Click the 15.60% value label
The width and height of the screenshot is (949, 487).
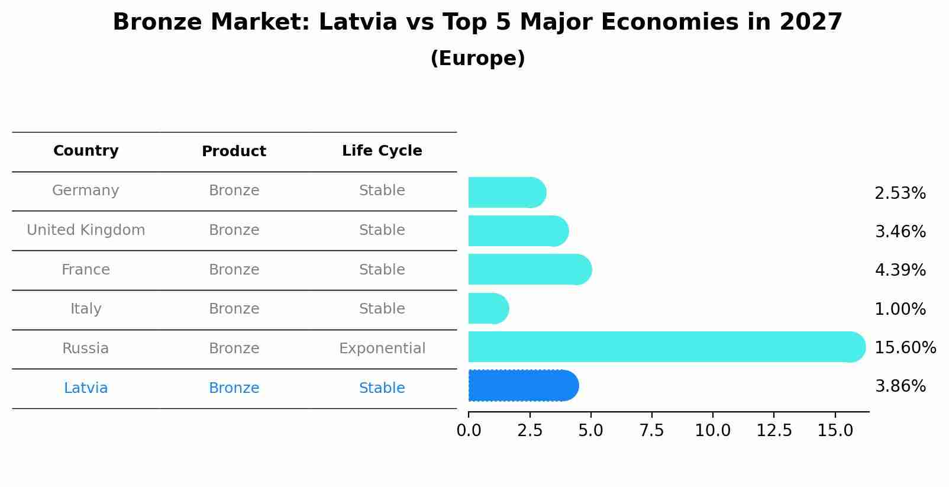[x=905, y=347]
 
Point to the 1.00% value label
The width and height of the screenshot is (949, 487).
[x=900, y=309]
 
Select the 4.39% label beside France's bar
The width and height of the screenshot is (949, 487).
[x=900, y=270]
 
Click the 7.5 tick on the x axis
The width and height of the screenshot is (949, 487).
[x=651, y=430]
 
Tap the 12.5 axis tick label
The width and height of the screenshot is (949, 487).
[x=774, y=430]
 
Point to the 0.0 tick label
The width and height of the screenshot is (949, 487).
[x=469, y=430]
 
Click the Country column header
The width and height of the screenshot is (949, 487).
[x=86, y=151]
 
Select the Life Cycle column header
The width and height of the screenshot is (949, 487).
[x=382, y=151]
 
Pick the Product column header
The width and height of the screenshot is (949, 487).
[x=234, y=151]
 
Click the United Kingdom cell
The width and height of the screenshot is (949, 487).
[x=86, y=230]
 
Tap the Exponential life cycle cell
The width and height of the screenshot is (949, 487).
[x=382, y=349]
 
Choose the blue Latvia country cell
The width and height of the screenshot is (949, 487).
[x=86, y=388]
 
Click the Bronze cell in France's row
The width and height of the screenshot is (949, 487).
[x=234, y=270]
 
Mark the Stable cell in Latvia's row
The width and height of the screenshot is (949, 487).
[x=382, y=388]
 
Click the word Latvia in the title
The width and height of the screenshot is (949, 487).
[x=357, y=22]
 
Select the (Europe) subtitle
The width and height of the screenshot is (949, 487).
[x=477, y=59]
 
